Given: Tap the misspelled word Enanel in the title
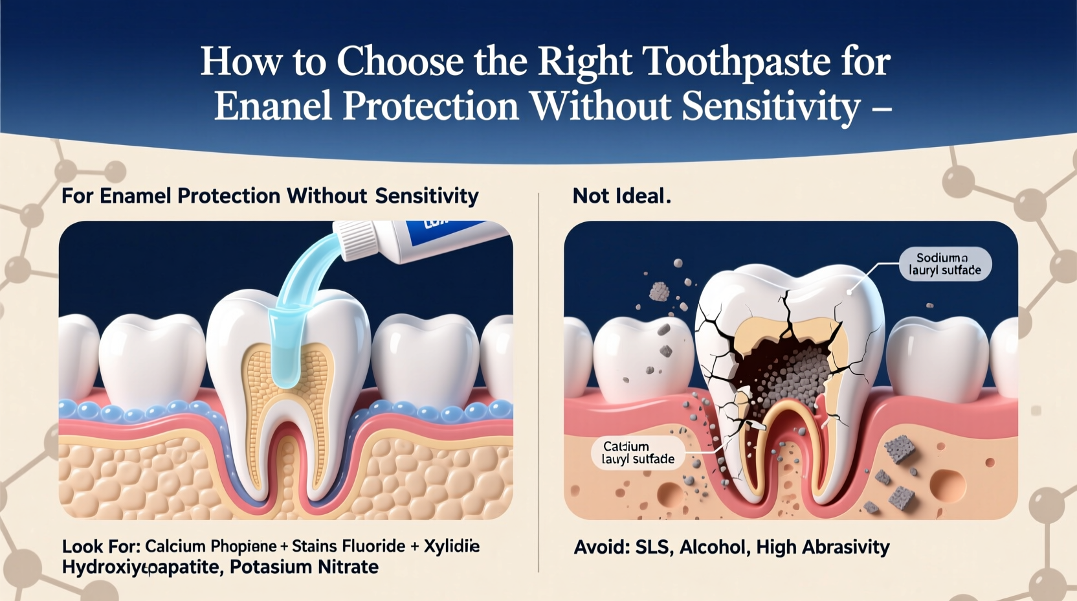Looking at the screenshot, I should (x=273, y=106).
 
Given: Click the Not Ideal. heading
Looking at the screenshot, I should (x=621, y=196).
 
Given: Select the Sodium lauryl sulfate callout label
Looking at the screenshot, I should (x=944, y=264).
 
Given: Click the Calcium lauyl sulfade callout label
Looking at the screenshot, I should (x=638, y=453).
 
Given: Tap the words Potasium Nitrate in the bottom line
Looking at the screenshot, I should (x=304, y=567).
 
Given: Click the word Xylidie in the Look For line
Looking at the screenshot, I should (x=451, y=546).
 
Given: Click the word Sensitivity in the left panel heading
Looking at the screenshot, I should (x=427, y=196).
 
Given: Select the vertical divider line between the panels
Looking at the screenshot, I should (x=538, y=382).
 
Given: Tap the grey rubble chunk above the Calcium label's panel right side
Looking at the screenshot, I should (x=899, y=449).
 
